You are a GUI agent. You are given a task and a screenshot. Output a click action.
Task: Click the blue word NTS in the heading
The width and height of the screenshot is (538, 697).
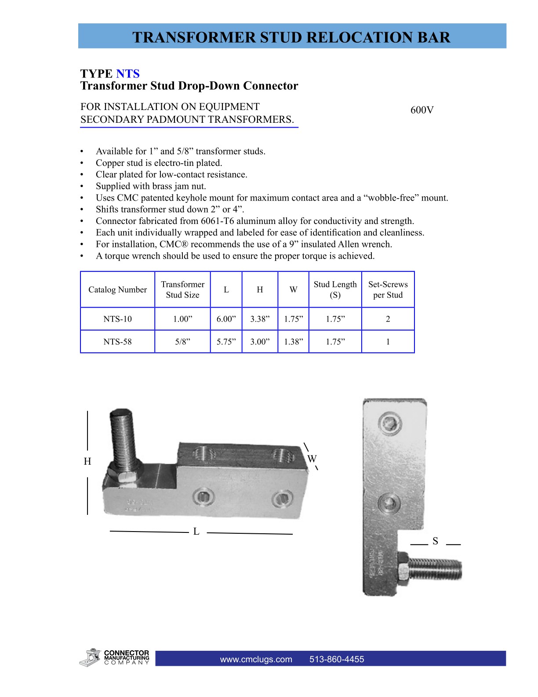coord(128,73)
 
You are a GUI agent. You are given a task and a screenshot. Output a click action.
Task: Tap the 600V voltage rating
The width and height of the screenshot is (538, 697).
coord(422,110)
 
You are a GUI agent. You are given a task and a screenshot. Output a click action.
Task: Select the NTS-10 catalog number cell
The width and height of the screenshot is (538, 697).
coord(117,319)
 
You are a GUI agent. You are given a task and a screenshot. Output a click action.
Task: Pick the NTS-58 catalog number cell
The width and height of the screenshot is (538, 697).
coord(117,342)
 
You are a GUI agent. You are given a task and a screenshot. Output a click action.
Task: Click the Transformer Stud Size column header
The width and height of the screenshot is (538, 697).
coord(182,290)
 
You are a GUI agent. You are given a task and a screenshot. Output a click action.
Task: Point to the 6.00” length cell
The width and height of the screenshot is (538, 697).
coord(226,319)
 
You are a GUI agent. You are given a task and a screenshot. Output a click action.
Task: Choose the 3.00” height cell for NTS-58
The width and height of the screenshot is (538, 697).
coord(260,342)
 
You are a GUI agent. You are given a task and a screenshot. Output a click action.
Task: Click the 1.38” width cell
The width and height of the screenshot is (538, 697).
coord(293,342)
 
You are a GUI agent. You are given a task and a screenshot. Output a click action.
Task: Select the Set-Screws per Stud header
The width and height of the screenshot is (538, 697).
coord(388,290)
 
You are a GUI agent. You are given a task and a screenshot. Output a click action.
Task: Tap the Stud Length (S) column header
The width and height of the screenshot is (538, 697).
coord(335,290)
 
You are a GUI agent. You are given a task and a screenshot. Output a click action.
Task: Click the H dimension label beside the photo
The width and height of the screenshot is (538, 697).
coord(87,461)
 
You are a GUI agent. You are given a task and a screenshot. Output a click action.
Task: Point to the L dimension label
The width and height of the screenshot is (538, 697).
coord(196,532)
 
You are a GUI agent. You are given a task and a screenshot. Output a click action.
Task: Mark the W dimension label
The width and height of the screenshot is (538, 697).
coord(312,459)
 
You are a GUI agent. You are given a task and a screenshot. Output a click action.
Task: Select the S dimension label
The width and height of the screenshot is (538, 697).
coord(435,541)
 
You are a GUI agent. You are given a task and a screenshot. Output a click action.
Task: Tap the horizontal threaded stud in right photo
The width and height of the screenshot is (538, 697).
coord(435,569)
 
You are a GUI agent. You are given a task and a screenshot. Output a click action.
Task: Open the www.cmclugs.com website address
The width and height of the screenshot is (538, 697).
coord(256,659)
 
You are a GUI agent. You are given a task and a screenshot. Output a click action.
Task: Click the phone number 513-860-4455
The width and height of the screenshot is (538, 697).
coord(337,659)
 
